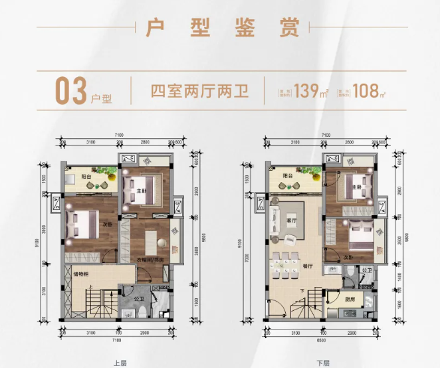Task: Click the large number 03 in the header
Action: pos(69,92)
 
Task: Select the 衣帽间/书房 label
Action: pos(152,260)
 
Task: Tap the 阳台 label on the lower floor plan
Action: pos(286,176)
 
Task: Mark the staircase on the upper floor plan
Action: pos(97,306)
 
